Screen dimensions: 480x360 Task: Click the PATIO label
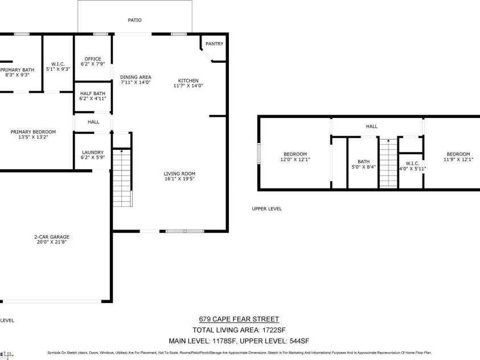(x=135, y=20)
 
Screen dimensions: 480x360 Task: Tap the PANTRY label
(x=214, y=44)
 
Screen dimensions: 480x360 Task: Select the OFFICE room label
(x=93, y=59)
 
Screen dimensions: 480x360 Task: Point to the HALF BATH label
(x=93, y=93)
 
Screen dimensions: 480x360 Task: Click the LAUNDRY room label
(x=93, y=152)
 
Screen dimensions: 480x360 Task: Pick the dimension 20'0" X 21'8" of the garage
(x=52, y=242)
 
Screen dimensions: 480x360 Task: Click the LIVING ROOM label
(x=179, y=174)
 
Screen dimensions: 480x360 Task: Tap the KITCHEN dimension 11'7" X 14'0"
(x=188, y=85)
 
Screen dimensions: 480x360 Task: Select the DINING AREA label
(x=136, y=77)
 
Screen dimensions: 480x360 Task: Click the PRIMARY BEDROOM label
(x=33, y=132)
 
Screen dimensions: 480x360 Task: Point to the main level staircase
(x=122, y=178)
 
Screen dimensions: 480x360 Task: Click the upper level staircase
(x=388, y=163)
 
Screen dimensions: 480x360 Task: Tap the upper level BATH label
(x=364, y=162)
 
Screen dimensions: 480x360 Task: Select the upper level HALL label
(x=372, y=126)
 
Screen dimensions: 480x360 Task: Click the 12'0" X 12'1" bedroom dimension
(x=295, y=159)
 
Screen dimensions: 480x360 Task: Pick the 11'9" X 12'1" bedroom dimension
(x=458, y=159)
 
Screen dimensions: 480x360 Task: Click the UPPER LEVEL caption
(x=267, y=209)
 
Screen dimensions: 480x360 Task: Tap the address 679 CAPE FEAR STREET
(x=239, y=320)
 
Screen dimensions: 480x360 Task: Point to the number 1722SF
(x=273, y=330)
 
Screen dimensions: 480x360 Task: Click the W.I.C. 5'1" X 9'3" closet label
(x=58, y=67)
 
